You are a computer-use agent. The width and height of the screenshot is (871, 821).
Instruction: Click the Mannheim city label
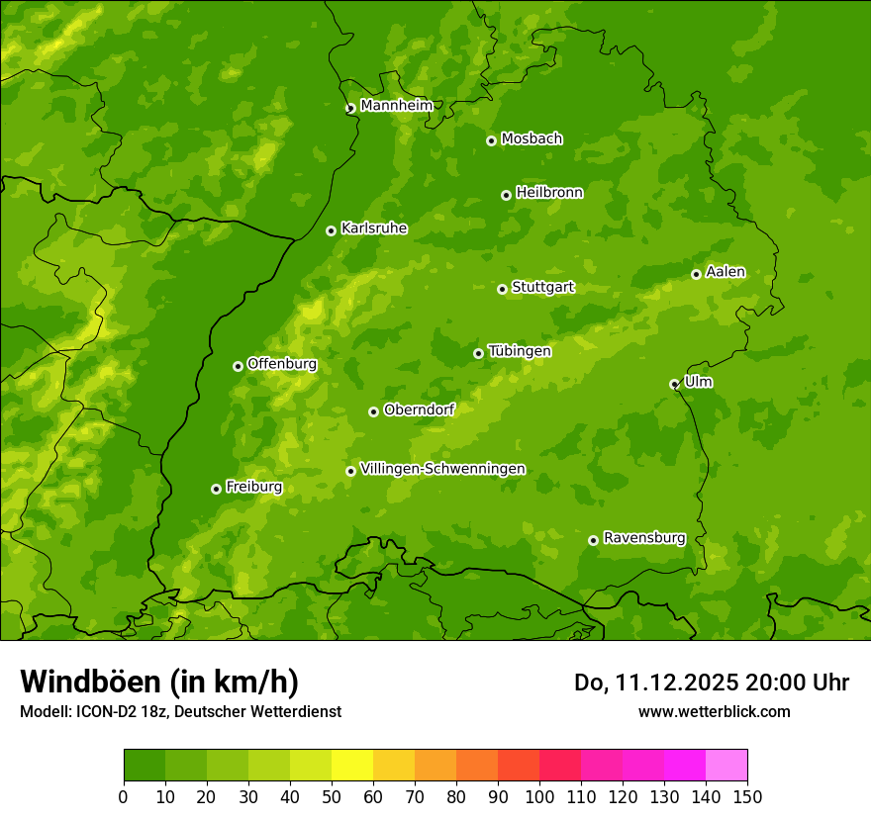pyautogui.click(x=396, y=105)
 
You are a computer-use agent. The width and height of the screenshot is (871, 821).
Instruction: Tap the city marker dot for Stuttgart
pyautogui.click(x=502, y=289)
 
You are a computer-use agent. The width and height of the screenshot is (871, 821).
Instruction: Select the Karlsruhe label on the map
pyautogui.click(x=373, y=228)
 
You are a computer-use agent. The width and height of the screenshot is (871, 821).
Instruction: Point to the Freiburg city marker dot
pyautogui.click(x=216, y=489)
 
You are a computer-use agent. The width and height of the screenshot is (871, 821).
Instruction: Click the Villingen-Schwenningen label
pyautogui.click(x=442, y=468)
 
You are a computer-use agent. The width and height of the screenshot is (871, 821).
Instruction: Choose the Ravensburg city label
pyautogui.click(x=643, y=537)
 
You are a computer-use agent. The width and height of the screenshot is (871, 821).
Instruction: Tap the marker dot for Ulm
pyautogui.click(x=674, y=384)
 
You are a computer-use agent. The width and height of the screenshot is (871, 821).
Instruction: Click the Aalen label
pyautogui.click(x=726, y=271)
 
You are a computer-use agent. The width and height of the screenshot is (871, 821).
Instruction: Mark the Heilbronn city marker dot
pyautogui.click(x=506, y=195)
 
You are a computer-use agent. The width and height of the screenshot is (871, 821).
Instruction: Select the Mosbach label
pyautogui.click(x=532, y=138)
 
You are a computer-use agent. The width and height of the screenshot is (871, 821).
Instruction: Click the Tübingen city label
pyautogui.click(x=520, y=350)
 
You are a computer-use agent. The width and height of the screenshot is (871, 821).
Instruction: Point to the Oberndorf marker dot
pyautogui.click(x=373, y=411)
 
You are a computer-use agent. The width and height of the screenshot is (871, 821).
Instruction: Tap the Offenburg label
pyautogui.click(x=282, y=363)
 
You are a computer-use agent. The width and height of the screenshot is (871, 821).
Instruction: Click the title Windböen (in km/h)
pyautogui.click(x=159, y=682)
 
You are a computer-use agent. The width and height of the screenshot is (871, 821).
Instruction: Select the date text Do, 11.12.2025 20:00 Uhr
pyautogui.click(x=711, y=683)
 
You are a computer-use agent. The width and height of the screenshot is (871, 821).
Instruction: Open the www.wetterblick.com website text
pyautogui.click(x=714, y=711)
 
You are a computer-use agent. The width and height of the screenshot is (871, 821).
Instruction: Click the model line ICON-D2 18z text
pyautogui.click(x=180, y=711)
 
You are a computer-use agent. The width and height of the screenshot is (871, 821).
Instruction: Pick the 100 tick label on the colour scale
pyautogui.click(x=539, y=796)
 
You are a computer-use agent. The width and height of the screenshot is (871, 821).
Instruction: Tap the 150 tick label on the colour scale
pyautogui.click(x=747, y=796)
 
